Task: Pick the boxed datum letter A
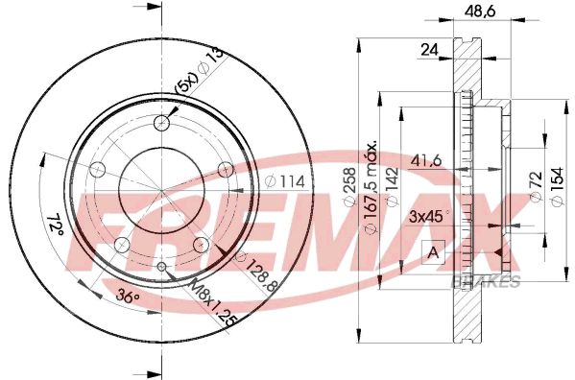[x=431, y=253]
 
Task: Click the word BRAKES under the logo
[x=485, y=281]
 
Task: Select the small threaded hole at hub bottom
[x=162, y=266]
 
